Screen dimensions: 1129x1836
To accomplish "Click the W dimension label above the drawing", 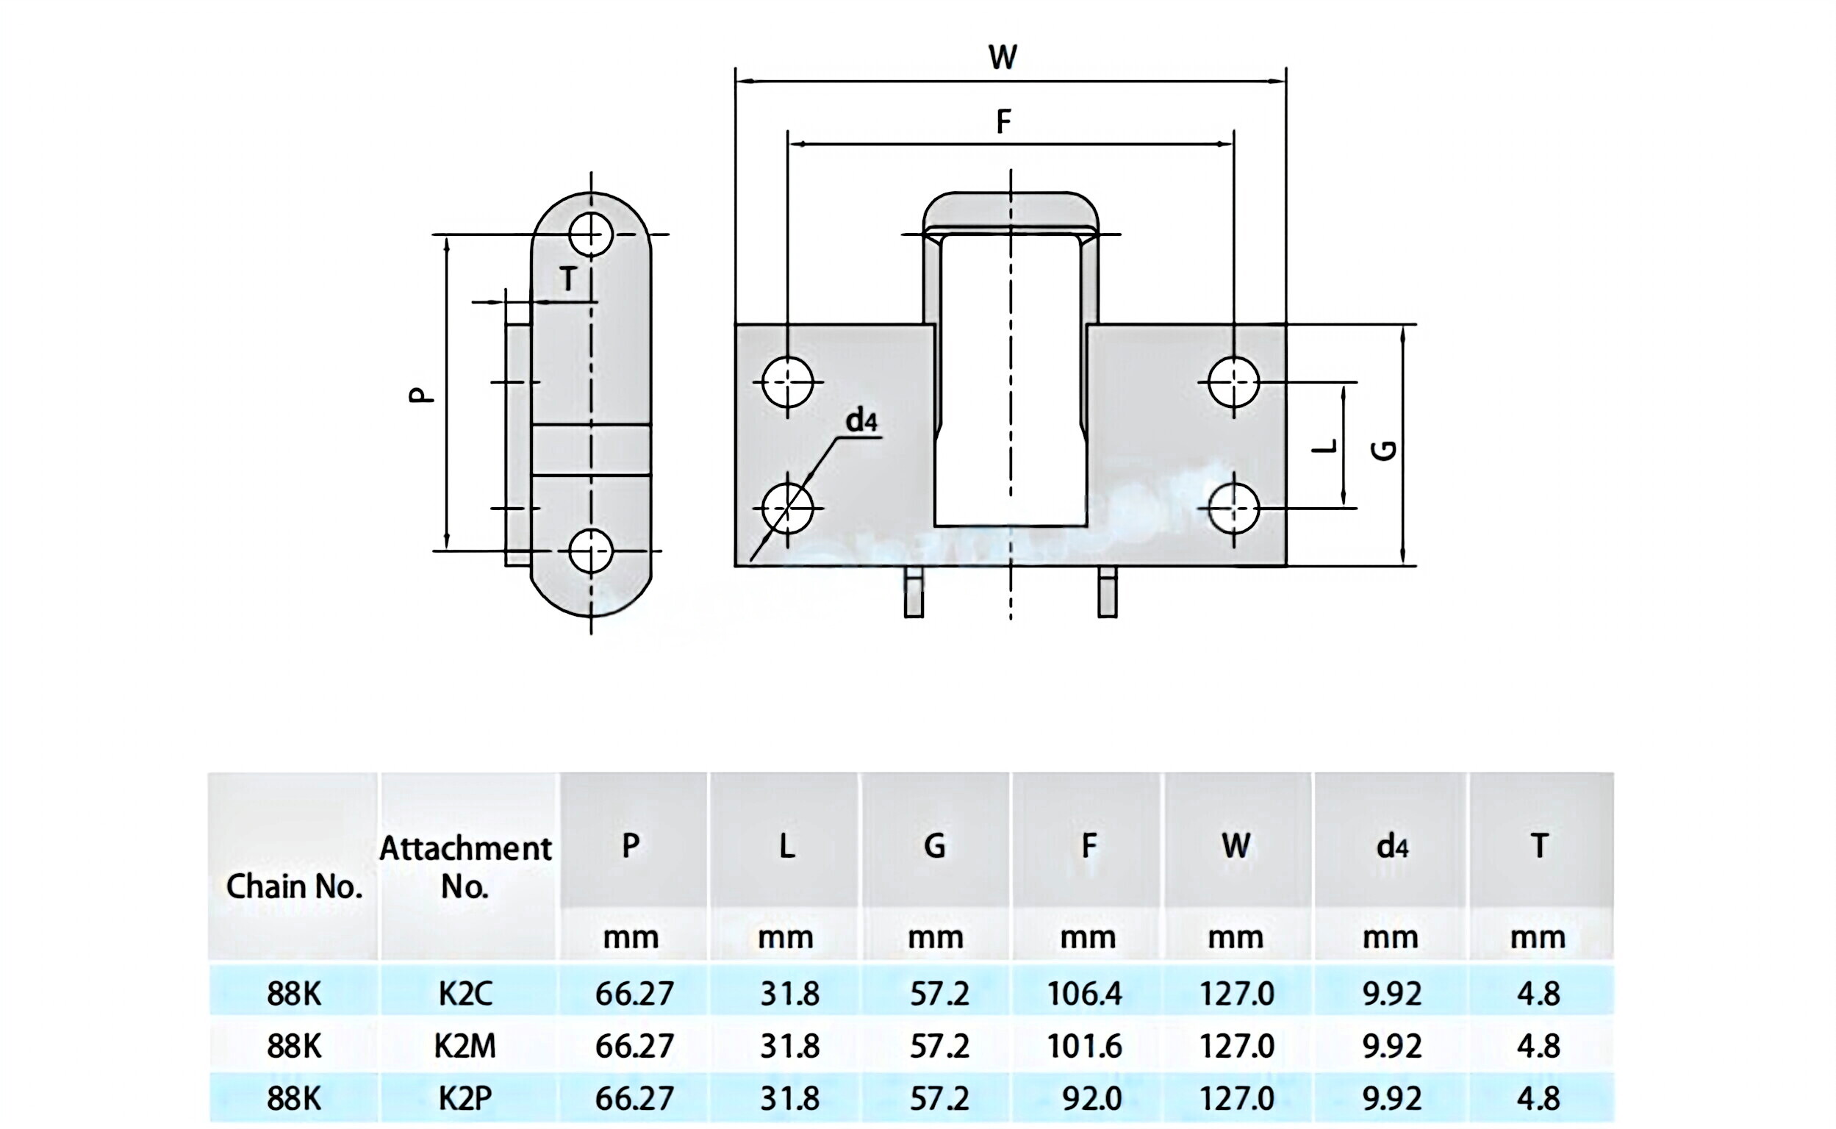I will click(1002, 57).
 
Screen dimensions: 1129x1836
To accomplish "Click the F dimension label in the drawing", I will click(1003, 121).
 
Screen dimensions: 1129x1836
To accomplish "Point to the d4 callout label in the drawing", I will click(861, 421).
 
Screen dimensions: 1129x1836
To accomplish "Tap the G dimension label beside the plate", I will click(1385, 451).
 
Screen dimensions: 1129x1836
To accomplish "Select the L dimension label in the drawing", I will click(1325, 446).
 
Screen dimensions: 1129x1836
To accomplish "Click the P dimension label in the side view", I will click(422, 394).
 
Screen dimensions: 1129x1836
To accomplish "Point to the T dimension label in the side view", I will click(568, 279).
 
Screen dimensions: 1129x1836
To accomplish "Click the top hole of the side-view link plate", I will click(591, 234).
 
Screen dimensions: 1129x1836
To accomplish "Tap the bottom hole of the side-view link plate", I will click(591, 551).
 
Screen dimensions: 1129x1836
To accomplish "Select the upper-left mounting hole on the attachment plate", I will click(788, 382).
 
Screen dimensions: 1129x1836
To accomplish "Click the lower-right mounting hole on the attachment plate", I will click(1233, 509).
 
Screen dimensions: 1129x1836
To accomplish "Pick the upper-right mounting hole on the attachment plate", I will click(1233, 382).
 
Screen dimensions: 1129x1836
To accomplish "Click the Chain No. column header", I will click(293, 886).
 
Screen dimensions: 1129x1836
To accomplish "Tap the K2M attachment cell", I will click(465, 1046).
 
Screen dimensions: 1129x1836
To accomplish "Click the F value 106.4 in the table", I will click(1084, 994).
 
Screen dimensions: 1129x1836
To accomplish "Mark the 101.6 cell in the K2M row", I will click(1084, 1046).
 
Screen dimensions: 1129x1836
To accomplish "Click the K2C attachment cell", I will click(465, 994).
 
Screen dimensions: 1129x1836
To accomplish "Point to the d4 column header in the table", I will click(1392, 846).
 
